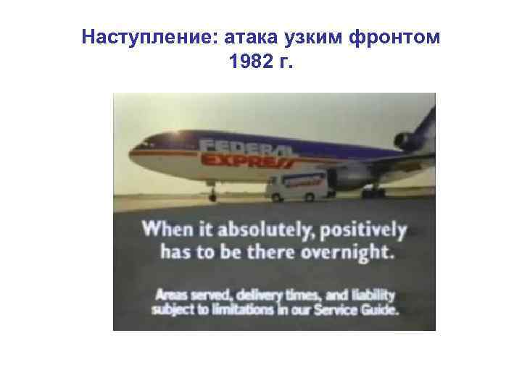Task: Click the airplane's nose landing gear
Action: click(212, 193)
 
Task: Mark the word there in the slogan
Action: click(281, 253)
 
